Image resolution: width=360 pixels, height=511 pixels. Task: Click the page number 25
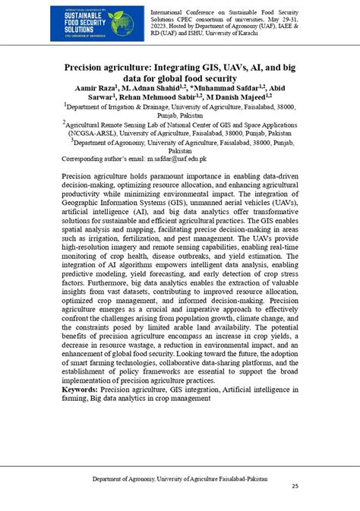click(x=295, y=487)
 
